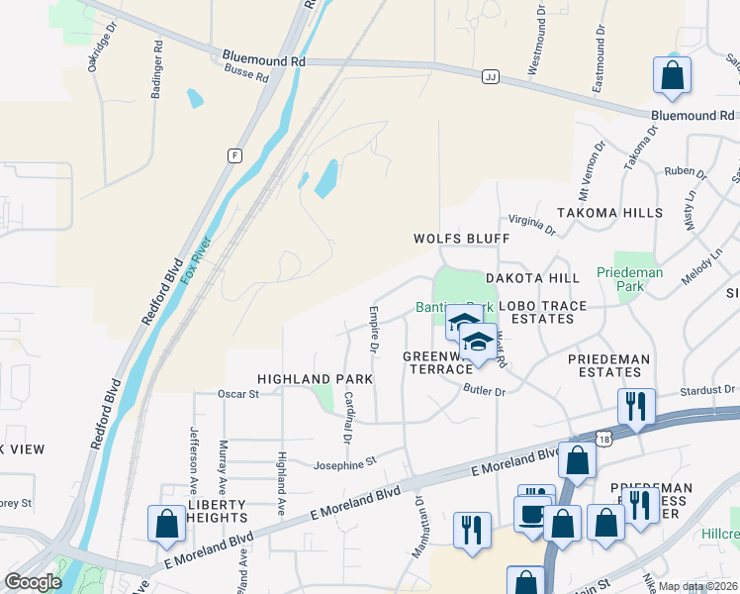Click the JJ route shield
(x=490, y=76)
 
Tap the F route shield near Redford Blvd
(x=234, y=155)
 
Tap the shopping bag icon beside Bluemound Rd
(x=672, y=76)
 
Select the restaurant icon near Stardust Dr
(x=634, y=405)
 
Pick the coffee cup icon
(x=532, y=515)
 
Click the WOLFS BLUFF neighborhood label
(x=461, y=239)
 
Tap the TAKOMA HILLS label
(x=609, y=213)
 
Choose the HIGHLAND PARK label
(x=315, y=379)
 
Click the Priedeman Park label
(x=629, y=278)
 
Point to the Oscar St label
(x=237, y=393)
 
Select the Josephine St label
(x=345, y=462)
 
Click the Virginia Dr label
(x=532, y=225)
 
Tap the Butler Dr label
(x=485, y=391)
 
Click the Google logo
(x=33, y=582)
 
